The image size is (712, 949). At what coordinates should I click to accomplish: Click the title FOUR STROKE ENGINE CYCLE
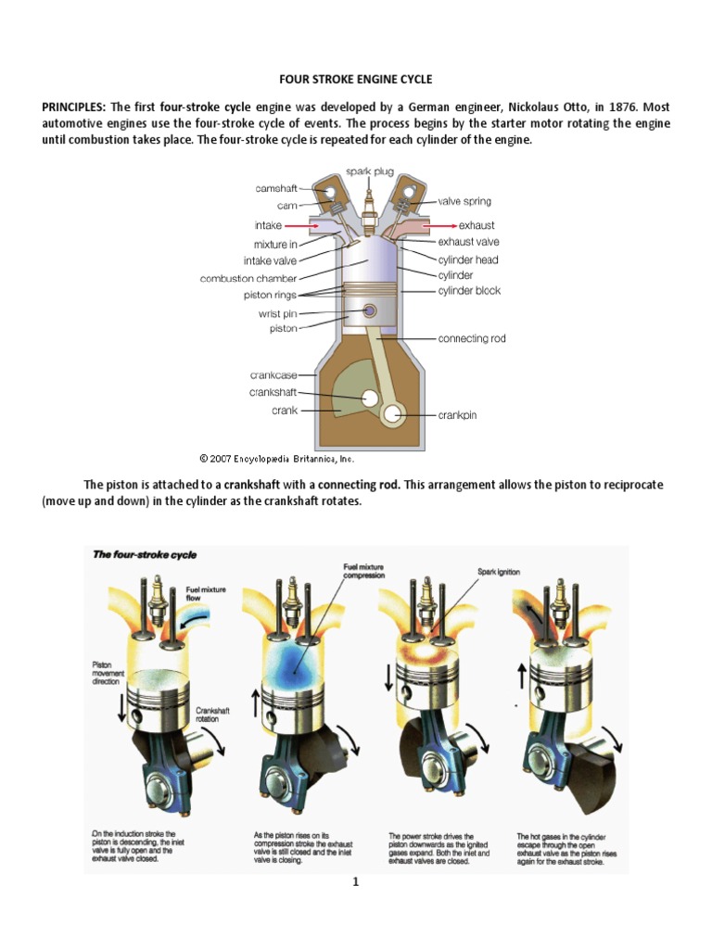[356, 80]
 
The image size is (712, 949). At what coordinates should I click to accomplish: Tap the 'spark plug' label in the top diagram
[370, 171]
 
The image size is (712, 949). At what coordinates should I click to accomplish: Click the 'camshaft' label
[276, 188]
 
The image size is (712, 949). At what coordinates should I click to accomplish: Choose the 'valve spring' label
[464, 201]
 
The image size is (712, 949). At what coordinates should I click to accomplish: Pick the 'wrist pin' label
[276, 313]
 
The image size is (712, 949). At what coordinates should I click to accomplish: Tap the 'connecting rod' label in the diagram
[472, 338]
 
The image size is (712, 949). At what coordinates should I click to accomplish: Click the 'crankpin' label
[457, 415]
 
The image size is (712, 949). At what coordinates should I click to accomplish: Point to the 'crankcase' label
[273, 375]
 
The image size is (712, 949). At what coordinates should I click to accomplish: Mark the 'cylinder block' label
[469, 290]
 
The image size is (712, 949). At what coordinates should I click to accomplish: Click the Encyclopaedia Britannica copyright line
[277, 458]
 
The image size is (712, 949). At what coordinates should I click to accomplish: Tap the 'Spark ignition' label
[499, 572]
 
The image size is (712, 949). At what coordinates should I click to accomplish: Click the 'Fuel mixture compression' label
[363, 570]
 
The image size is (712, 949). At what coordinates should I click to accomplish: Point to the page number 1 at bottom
[354, 882]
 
